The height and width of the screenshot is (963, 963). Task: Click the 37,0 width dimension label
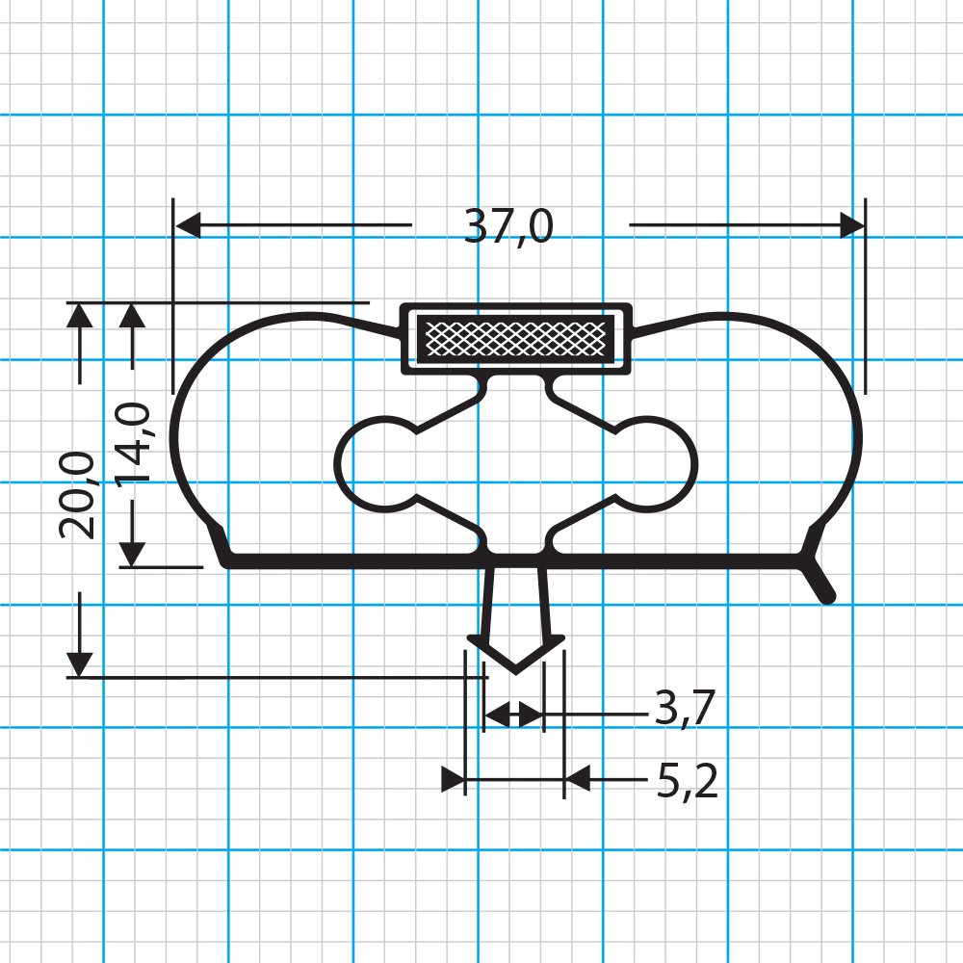pyautogui.click(x=508, y=226)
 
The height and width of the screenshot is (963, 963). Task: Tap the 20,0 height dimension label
pyautogui.click(x=77, y=494)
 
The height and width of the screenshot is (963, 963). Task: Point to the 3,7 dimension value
pyautogui.click(x=684, y=711)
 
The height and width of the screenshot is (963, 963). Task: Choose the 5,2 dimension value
pyautogui.click(x=688, y=783)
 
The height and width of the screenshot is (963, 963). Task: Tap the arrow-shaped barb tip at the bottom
pyautogui.click(x=515, y=656)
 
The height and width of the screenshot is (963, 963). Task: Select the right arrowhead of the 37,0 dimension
pyautogui.click(x=852, y=226)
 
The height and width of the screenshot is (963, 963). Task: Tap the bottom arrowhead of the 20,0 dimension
pyautogui.click(x=80, y=664)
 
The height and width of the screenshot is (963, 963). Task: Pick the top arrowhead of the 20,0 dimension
pyautogui.click(x=80, y=316)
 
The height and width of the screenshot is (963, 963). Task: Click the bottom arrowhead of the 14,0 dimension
pyautogui.click(x=133, y=553)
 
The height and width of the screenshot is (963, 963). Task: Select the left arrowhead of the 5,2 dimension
pyautogui.click(x=453, y=779)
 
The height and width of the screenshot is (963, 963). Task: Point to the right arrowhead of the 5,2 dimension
pyautogui.click(x=577, y=778)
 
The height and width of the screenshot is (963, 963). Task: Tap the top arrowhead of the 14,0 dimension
pyautogui.click(x=133, y=316)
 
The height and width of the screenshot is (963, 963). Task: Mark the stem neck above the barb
pyautogui.click(x=516, y=597)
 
